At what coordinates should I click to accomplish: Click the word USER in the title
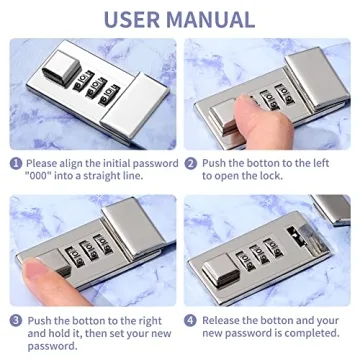pos(132,19)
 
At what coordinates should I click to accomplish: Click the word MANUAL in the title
pos(211,19)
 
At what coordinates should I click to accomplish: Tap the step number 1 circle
pos(16,164)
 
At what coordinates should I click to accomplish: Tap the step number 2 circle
pos(190,164)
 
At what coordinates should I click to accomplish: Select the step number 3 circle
pos(16,321)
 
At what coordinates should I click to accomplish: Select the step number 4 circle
pos(190,321)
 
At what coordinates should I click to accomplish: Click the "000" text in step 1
pos(38,176)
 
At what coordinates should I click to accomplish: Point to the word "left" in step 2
pos(319,163)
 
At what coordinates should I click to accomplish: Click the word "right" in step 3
pos(148,322)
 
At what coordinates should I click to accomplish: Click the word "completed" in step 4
pos(309,333)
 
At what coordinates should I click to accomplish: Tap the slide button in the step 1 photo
pos(61,70)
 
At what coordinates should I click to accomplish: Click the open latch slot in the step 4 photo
pos(296,236)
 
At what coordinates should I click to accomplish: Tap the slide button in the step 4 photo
pos(221,270)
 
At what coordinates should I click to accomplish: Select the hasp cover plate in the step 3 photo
pos(133,227)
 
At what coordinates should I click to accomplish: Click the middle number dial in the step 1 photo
pos(96,88)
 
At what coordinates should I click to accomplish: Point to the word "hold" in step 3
pos(60,333)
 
